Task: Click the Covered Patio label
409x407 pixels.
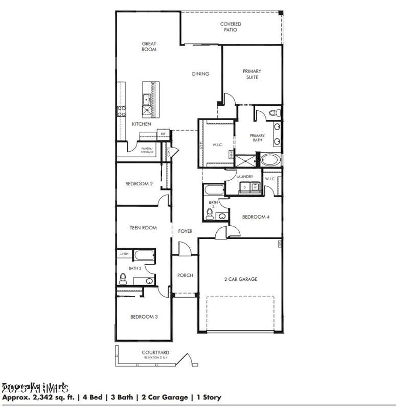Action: point(231,27)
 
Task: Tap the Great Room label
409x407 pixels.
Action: point(149,46)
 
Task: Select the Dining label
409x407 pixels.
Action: point(200,74)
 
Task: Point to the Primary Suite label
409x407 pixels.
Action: point(252,74)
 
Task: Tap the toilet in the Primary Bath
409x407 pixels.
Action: point(272,112)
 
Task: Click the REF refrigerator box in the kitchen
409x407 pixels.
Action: point(163,134)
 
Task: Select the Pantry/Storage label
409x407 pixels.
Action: point(147,150)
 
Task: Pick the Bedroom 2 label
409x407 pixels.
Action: point(139,184)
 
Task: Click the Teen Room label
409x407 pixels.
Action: point(143,228)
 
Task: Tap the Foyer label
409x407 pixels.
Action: point(185,231)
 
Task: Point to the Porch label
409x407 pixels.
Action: point(185,275)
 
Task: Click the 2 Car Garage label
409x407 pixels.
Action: point(240,279)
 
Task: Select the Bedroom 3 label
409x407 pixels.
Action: point(144,317)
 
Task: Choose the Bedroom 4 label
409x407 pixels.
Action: point(256,217)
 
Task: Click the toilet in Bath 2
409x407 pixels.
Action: point(123,278)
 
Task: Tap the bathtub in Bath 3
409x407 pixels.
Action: point(213,190)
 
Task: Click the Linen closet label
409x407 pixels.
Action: point(124,253)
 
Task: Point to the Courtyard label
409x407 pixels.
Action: point(155,352)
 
